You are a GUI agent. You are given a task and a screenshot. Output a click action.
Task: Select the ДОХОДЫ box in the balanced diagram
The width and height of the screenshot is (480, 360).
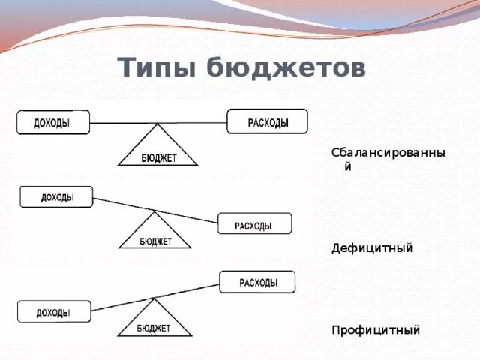tap(52, 122)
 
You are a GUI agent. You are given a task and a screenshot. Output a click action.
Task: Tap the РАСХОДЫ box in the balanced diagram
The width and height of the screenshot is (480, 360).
tap(267, 121)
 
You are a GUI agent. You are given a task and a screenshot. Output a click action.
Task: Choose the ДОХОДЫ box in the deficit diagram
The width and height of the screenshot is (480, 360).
tap(56, 197)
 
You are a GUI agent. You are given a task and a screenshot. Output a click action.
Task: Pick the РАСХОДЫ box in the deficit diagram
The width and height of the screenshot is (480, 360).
tap(254, 223)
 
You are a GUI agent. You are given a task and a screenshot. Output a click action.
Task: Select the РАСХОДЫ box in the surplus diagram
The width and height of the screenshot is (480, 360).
tap(257, 282)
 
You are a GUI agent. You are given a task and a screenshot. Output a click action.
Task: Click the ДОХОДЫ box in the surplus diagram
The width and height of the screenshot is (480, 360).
tap(54, 311)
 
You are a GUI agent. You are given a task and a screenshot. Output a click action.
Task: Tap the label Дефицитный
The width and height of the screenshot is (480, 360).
tap(372, 248)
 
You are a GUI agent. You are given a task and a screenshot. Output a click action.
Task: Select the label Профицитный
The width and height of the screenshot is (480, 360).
tap(376, 330)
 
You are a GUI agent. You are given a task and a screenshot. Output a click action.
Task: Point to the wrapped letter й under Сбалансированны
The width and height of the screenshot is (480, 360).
tap(348, 167)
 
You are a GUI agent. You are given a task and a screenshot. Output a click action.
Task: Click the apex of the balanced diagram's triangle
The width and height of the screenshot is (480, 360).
tap(158, 124)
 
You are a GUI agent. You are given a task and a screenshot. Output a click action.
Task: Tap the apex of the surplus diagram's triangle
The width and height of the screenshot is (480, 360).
tap(154, 299)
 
